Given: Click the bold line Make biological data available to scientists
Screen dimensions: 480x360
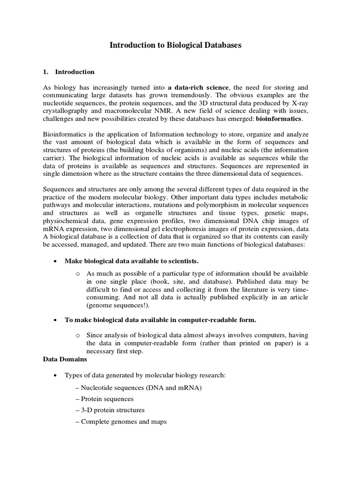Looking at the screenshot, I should [135, 261].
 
